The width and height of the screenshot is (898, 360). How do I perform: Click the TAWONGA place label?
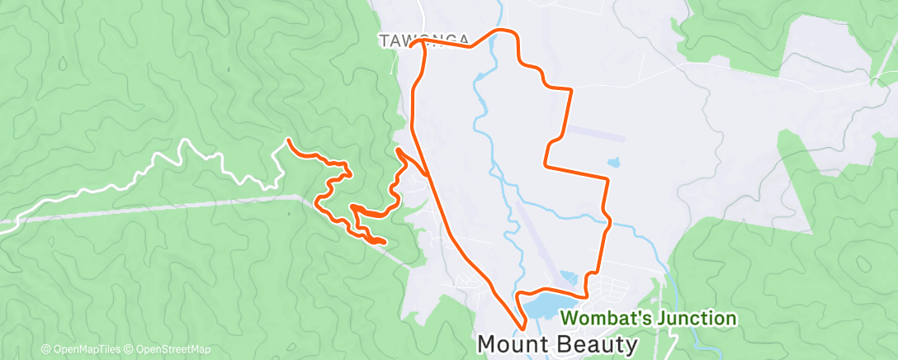[x=424, y=40]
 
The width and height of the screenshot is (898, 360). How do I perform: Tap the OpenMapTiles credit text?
[x=82, y=349]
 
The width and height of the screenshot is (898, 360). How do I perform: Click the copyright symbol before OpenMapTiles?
[x=46, y=349]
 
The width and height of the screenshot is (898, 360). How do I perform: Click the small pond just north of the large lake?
[x=570, y=278]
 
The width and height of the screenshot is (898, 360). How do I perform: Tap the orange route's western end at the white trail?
[x=288, y=141]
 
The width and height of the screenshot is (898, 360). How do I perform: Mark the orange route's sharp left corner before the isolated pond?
[x=546, y=165]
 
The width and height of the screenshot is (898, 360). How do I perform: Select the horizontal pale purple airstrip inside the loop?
[x=593, y=132]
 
